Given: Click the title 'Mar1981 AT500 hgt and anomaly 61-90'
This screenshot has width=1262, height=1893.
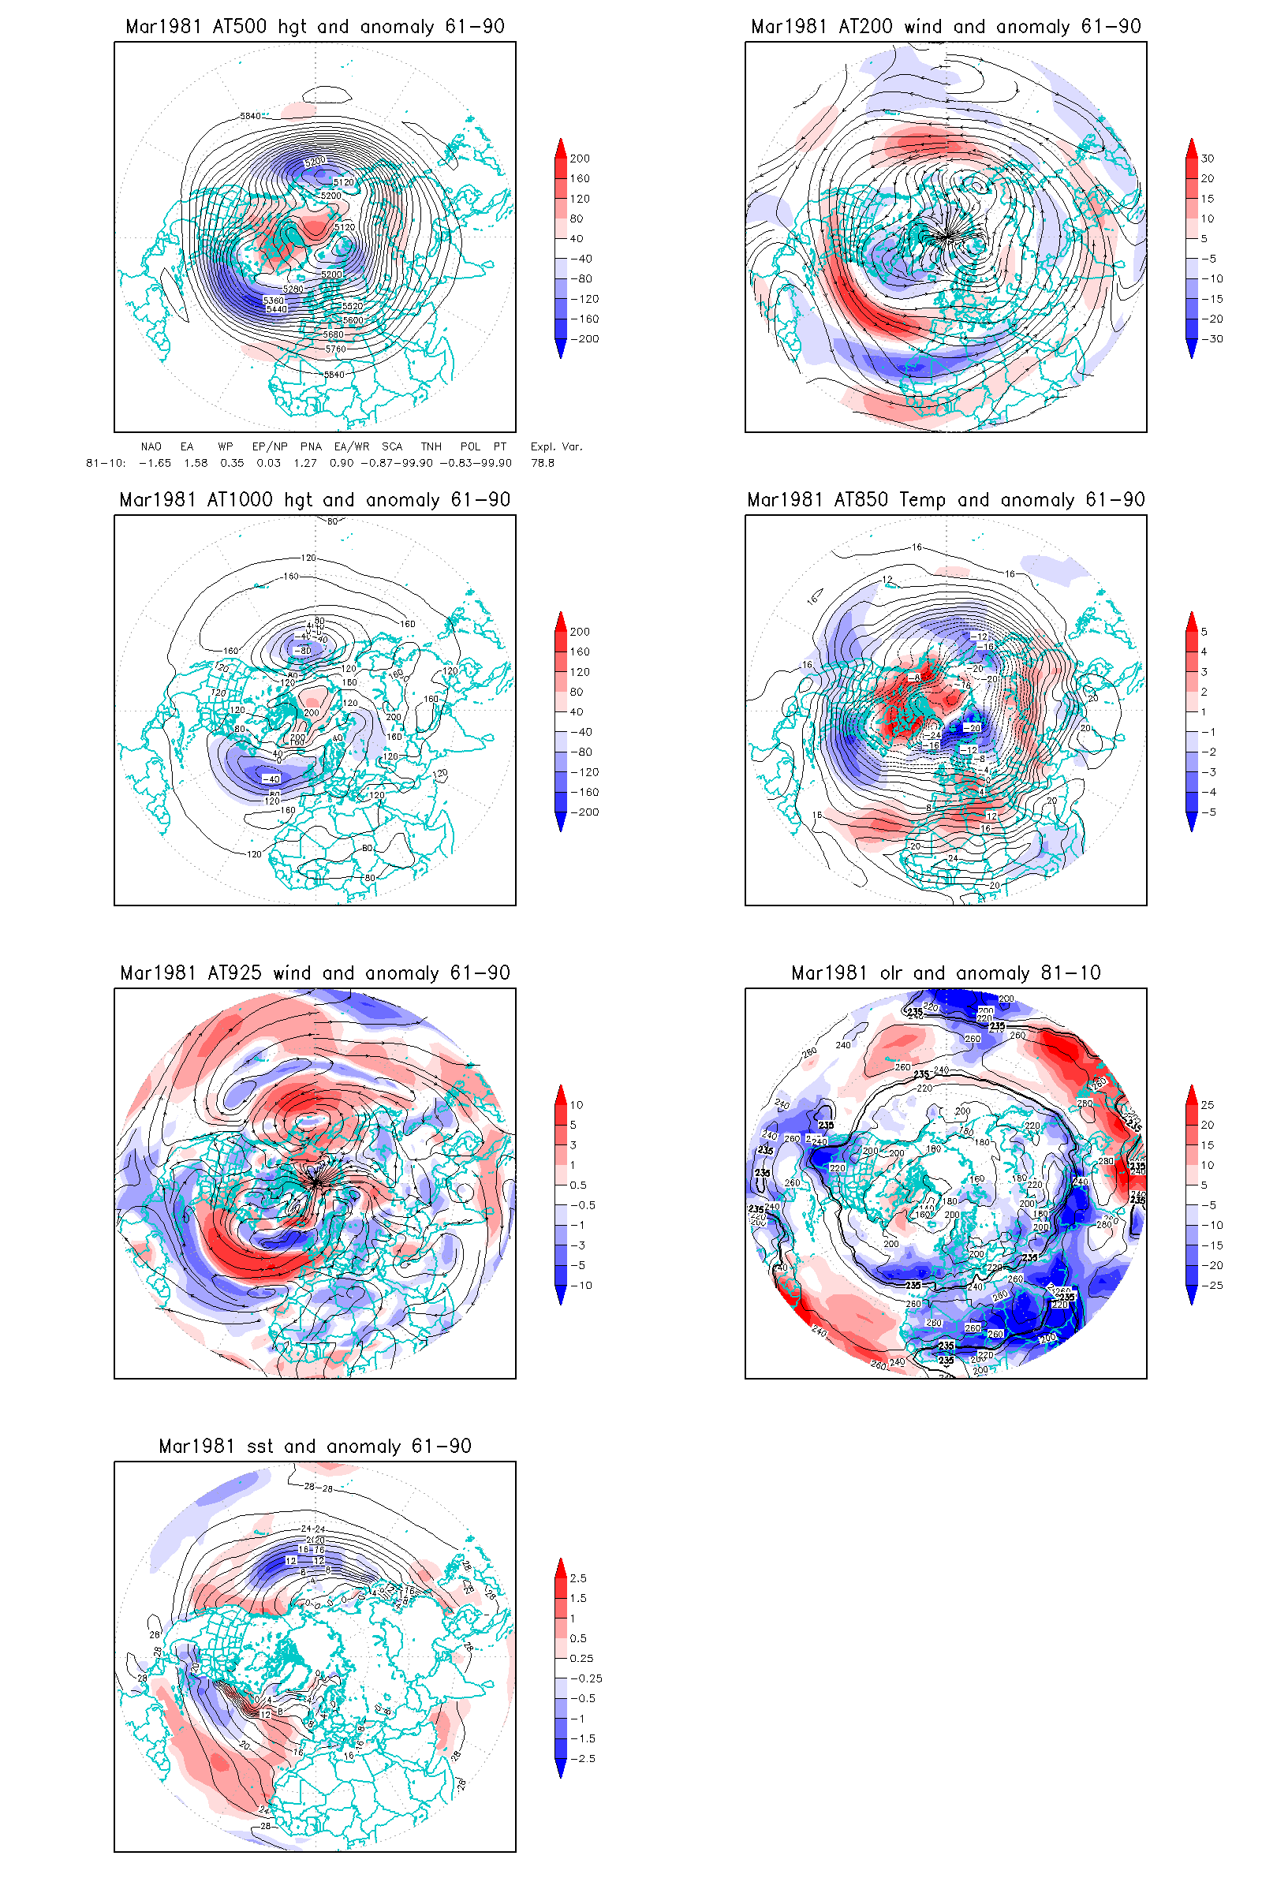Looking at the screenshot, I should click(x=315, y=27).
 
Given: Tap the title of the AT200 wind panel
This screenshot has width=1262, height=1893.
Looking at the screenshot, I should click(x=946, y=27).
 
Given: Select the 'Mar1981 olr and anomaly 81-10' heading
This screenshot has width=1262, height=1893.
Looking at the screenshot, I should click(x=946, y=973).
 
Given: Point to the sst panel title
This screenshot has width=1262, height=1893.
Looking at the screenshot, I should click(x=315, y=1447).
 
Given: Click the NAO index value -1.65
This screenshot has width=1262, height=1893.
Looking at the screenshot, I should click(x=155, y=463).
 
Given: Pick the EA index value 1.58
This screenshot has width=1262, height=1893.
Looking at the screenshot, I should click(x=196, y=463).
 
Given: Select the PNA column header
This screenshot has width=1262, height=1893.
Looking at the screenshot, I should click(x=311, y=446).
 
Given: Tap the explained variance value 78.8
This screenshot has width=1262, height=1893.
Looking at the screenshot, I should click(x=543, y=463).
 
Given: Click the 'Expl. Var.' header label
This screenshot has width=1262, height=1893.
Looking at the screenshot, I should click(x=556, y=446).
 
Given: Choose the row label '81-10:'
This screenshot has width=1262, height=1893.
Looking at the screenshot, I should click(x=106, y=463).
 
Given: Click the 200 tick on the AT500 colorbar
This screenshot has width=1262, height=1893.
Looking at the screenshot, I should click(x=580, y=159).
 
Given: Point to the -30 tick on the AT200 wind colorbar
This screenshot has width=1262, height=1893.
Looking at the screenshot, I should click(x=1212, y=339).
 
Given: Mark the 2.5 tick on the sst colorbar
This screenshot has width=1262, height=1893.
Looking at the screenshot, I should click(x=578, y=1578).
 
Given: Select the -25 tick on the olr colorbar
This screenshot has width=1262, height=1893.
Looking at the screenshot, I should click(x=1212, y=1286).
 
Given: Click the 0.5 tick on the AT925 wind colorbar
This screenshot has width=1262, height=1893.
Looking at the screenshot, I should click(x=578, y=1185).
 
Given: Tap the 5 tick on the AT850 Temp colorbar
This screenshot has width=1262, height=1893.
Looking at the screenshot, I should click(x=1204, y=632).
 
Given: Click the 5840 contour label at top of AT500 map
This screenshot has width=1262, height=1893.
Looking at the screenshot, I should click(x=250, y=116).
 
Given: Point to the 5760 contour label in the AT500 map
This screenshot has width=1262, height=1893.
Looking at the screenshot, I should click(x=336, y=349).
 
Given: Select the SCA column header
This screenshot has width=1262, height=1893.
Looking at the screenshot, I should click(x=392, y=446).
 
